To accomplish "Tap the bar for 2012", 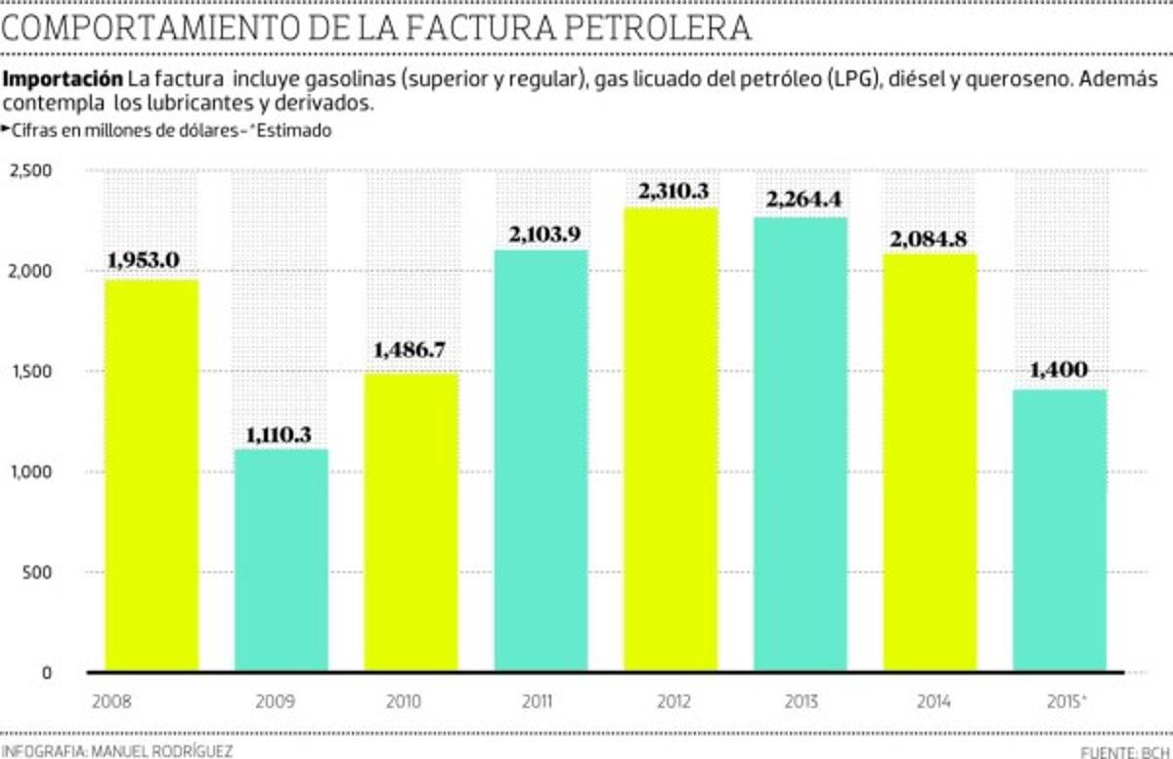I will pyautogui.click(x=671, y=440).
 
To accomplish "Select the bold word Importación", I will pyautogui.click(x=64, y=79).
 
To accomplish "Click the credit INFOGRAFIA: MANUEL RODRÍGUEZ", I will pyautogui.click(x=117, y=750).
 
